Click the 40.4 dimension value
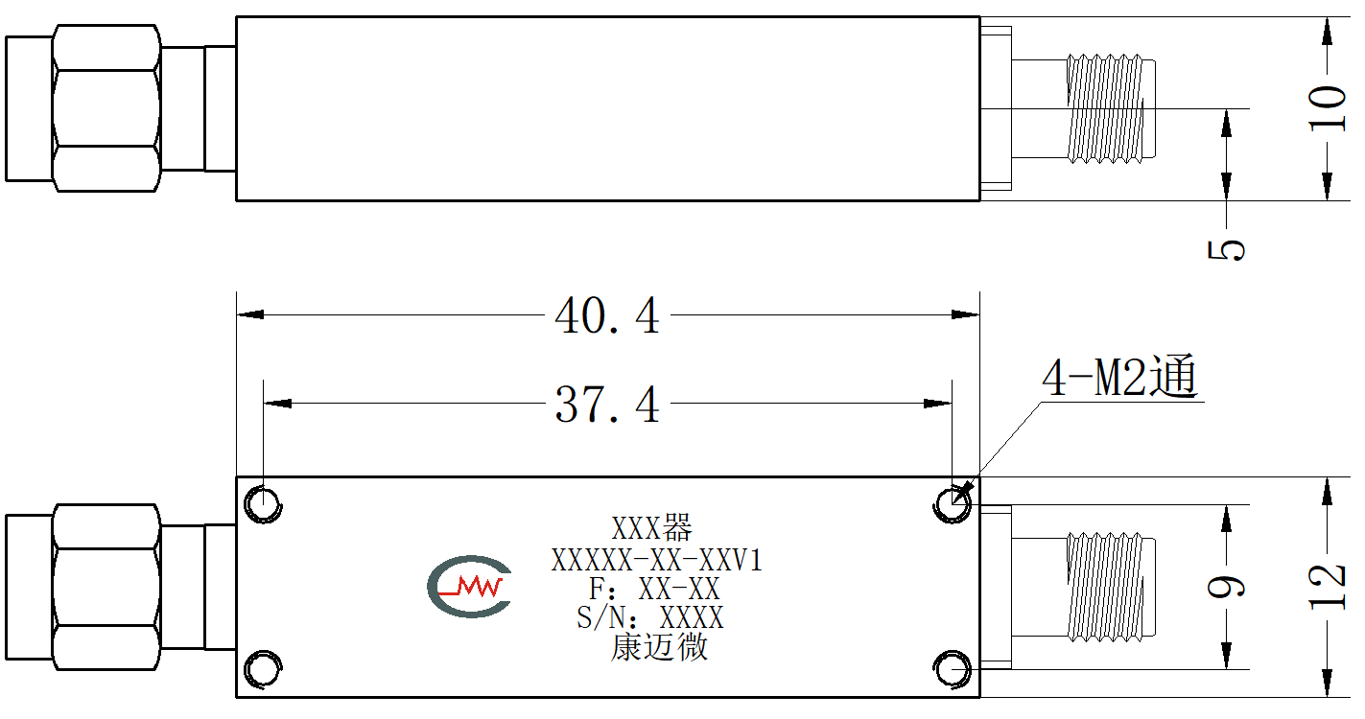point(607,315)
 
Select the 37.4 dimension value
point(607,405)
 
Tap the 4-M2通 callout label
point(1119,376)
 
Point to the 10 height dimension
point(1328,108)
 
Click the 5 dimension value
point(1226,250)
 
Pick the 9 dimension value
point(1226,587)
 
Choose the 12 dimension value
point(1328,587)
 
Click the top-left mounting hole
point(263,504)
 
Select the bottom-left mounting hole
point(263,669)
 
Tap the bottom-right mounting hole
point(952,669)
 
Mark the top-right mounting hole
point(952,504)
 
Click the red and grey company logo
point(469,587)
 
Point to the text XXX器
point(652,528)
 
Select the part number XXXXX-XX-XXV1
point(657,560)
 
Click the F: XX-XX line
point(654,589)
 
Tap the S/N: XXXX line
point(650,618)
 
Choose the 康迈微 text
point(659,646)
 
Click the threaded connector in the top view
point(1110,108)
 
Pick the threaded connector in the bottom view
point(1110,587)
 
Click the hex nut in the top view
point(106,108)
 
